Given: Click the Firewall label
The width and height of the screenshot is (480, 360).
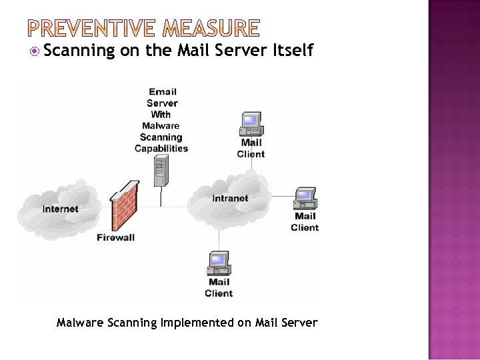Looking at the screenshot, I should (x=115, y=237).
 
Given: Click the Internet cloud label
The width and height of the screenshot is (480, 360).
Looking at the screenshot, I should (x=60, y=209).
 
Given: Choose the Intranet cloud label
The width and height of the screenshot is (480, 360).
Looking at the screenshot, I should (x=230, y=198).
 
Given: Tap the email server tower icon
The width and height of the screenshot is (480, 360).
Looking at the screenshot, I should (x=159, y=171).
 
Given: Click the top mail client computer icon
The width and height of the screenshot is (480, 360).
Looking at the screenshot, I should (x=251, y=124).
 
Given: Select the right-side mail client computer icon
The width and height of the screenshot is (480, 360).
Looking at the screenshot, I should (x=305, y=198).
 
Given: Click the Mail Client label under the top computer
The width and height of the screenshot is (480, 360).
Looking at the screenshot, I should (x=251, y=148).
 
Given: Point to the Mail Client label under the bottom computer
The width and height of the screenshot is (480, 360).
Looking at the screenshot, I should (x=219, y=287).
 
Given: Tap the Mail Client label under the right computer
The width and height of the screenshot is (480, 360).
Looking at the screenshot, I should (x=305, y=221).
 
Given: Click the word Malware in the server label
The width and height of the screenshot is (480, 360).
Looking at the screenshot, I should (x=161, y=125).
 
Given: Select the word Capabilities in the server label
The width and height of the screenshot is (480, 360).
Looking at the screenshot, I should (x=161, y=148).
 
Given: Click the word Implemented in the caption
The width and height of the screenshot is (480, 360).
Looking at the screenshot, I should (x=197, y=323).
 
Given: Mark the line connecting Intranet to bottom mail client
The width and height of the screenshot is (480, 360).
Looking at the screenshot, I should (x=219, y=239).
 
